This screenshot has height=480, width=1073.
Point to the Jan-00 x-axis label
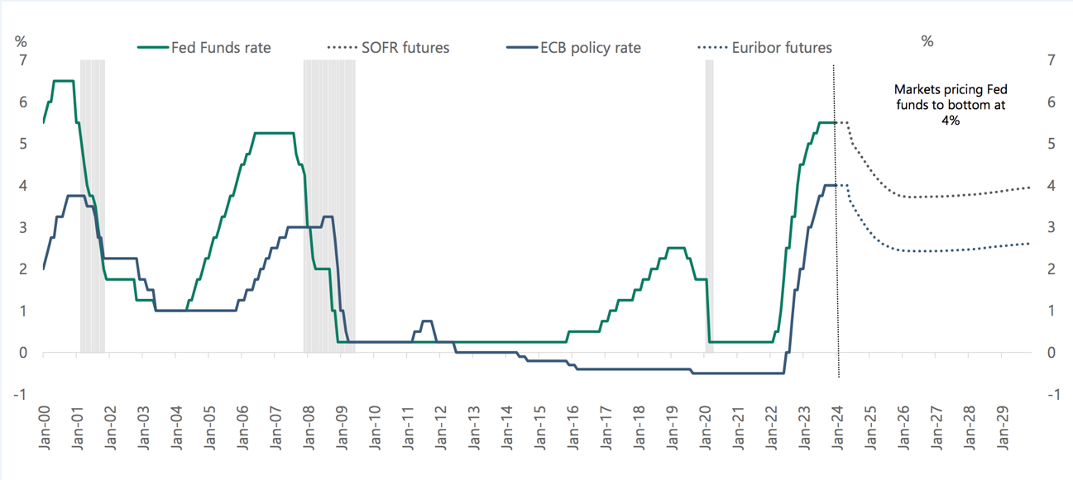(x=43, y=427)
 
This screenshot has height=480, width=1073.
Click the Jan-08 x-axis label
(x=308, y=427)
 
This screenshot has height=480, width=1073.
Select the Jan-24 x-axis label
(x=837, y=427)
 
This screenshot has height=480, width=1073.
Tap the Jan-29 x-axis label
(x=1003, y=427)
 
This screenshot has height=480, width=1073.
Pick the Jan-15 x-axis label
(x=539, y=427)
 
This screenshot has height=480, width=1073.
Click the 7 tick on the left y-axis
(x=23, y=60)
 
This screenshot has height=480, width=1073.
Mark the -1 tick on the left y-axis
(x=21, y=394)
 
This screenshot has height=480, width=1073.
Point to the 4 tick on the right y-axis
(x=1051, y=186)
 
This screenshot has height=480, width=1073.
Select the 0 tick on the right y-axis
(x=1051, y=353)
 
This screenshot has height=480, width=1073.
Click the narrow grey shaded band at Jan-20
(x=709, y=207)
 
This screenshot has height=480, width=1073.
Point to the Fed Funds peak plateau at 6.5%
(x=64, y=81)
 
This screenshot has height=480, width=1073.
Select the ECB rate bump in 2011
(x=426, y=321)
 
